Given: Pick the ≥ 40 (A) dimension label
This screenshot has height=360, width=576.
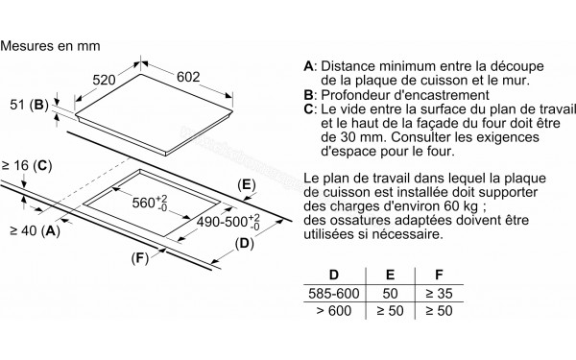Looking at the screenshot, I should tap(35, 231).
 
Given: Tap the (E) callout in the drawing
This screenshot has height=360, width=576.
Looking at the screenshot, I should tap(246, 185).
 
